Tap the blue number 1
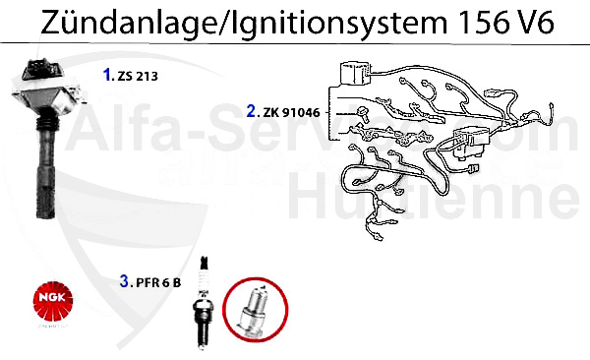coord(107,73)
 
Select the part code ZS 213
coord(136,74)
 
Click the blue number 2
coord(252,111)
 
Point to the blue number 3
coord(124,281)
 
